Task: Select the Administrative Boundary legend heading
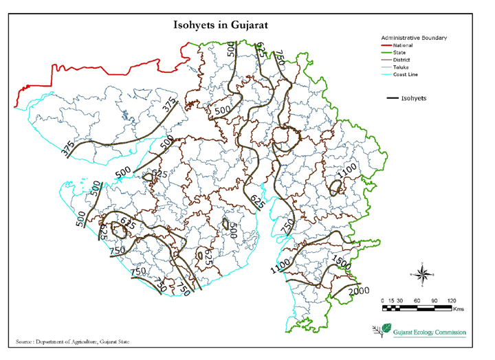(x=414, y=37)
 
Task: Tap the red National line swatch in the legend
(x=386, y=45)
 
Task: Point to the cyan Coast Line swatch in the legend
(x=386, y=75)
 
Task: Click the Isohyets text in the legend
(x=414, y=98)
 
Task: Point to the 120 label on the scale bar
(x=451, y=301)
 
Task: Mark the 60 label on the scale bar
(x=417, y=301)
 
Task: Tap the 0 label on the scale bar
(x=383, y=301)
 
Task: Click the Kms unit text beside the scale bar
(x=459, y=310)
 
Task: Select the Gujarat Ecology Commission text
(x=430, y=333)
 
